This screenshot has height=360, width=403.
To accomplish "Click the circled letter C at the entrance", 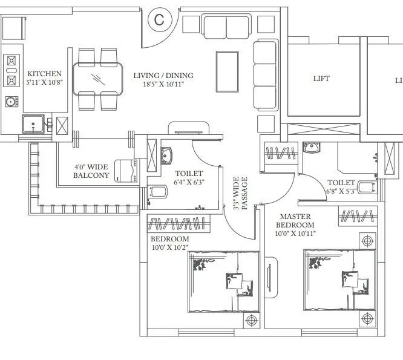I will click(159, 19).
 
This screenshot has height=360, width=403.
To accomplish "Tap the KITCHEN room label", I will click(44, 74).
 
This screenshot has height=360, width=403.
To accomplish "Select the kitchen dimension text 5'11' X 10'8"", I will click(44, 83).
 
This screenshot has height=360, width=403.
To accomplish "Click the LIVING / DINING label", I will click(163, 76).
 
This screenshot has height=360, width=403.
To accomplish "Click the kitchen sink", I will click(31, 125).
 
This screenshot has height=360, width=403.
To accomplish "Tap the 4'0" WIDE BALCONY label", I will click(91, 171).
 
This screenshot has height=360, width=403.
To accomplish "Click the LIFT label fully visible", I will click(321, 79).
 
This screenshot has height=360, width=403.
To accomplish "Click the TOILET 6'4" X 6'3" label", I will click(188, 177).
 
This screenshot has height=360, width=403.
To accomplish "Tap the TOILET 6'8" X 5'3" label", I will click(341, 186).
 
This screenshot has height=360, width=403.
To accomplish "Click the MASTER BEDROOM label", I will click(295, 220).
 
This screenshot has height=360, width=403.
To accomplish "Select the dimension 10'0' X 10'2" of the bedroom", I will click(170, 247).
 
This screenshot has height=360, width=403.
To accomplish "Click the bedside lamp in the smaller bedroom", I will click(252, 319).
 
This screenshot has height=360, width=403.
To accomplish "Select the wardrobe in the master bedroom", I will click(356, 216).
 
